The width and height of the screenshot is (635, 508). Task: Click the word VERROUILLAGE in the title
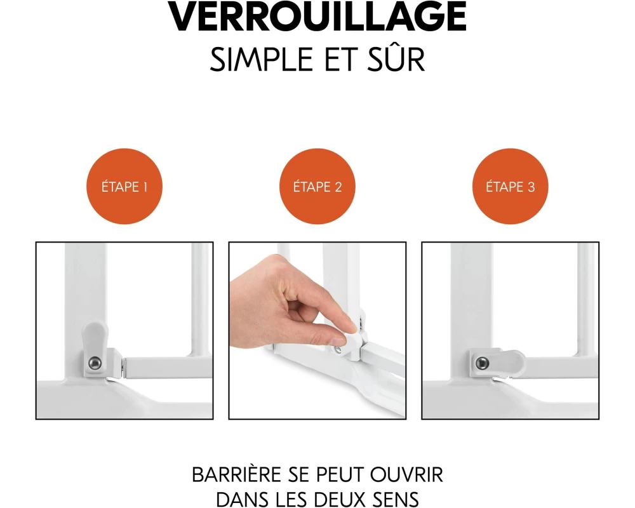317,17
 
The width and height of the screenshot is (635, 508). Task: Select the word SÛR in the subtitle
396,58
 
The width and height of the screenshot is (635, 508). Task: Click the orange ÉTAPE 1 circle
124,186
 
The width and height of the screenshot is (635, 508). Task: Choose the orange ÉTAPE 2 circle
317,186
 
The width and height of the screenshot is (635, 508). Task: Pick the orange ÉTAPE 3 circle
511,186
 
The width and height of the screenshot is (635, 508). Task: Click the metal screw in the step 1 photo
95,363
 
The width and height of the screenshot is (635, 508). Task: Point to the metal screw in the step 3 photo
482,363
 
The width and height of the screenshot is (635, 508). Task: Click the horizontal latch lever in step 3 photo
502,362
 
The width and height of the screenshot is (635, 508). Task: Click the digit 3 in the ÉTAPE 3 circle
531,187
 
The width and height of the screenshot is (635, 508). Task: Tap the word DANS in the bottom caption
241,498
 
